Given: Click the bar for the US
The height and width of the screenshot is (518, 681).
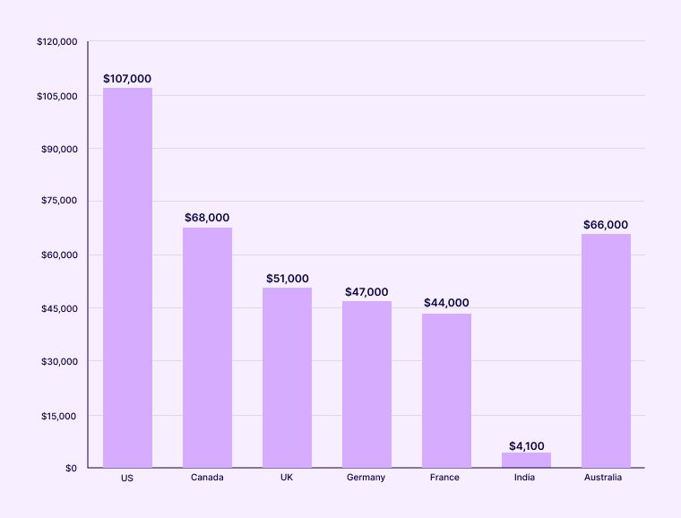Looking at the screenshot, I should tap(127, 278).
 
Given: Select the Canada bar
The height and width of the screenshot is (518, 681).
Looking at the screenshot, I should tap(207, 348).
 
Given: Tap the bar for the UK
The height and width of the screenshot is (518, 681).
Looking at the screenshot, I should tap(287, 377).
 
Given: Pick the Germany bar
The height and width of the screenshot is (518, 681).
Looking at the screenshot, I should tap(366, 384).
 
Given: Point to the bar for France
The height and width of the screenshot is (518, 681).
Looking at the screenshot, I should tap(446, 391).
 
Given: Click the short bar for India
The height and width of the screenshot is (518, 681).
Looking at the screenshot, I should tap(526, 460).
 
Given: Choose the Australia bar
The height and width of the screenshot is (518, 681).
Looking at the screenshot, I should tap(606, 350).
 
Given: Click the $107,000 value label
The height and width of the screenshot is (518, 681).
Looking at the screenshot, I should tap(127, 79).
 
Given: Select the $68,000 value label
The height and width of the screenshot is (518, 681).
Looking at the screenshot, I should tap(207, 218).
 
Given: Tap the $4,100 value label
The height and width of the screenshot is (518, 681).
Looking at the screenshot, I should tap(526, 445).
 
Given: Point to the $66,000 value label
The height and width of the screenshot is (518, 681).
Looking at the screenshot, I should tap(606, 225).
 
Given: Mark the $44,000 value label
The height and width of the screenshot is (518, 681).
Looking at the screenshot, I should tap(446, 303).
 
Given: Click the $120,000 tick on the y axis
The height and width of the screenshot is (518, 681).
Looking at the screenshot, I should tap(57, 42).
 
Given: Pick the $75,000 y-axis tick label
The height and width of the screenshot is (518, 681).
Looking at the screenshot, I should tap(59, 202).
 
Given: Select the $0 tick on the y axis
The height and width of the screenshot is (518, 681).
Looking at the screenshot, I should tap(70, 468).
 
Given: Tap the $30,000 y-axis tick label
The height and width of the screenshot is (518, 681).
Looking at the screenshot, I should tap(59, 361).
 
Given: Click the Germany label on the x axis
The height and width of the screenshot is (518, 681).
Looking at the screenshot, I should tap(366, 478).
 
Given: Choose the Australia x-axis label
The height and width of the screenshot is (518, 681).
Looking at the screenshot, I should tap(603, 478).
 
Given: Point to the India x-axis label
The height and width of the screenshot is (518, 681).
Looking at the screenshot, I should tap(524, 478).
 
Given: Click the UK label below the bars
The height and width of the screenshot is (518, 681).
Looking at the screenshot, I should tap(287, 478).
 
